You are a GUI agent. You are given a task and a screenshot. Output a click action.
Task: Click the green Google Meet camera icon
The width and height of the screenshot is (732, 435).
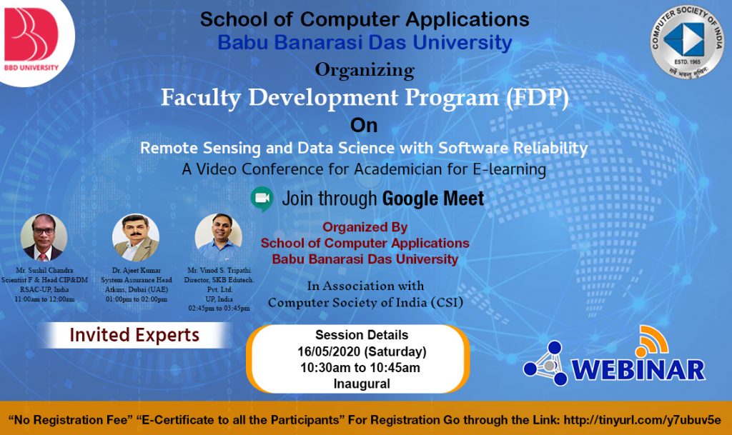(x=262, y=198)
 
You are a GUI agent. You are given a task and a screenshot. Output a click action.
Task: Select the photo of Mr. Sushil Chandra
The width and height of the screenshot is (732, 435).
(x=44, y=237)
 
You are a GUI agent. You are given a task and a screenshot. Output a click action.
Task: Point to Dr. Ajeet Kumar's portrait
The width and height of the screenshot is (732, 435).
(x=136, y=237)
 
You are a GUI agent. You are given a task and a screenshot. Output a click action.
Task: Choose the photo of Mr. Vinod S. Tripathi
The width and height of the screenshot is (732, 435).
(x=219, y=237)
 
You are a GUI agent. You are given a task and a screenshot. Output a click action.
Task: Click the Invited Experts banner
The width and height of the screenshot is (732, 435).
(x=134, y=335)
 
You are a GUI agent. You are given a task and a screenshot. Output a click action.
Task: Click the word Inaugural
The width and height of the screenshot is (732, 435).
(x=362, y=384)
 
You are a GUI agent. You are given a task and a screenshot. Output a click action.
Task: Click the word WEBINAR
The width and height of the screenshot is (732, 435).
(x=638, y=369)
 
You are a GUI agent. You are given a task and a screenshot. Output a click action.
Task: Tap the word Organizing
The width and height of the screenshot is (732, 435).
(x=365, y=70)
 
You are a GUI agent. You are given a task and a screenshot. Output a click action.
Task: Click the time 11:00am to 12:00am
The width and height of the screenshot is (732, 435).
(x=44, y=299)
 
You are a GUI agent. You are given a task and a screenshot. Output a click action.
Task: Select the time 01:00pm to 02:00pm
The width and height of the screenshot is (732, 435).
(x=136, y=299)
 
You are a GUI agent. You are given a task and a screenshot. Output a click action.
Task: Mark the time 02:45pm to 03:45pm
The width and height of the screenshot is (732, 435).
(x=219, y=308)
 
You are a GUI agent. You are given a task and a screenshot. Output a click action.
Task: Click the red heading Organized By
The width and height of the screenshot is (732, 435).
(x=365, y=228)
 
